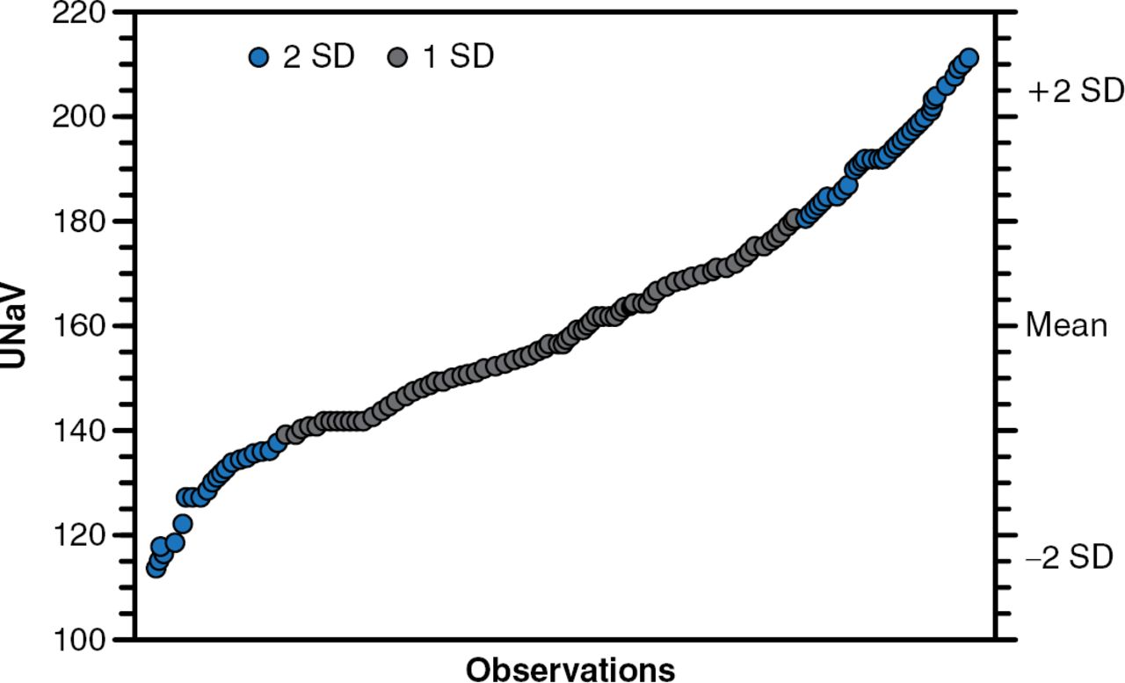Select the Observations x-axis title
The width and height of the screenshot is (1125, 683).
coord(570,668)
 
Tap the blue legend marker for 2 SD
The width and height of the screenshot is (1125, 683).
coord(258,58)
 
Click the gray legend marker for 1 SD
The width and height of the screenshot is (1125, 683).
coord(398,58)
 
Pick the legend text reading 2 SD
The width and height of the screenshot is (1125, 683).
coord(317,58)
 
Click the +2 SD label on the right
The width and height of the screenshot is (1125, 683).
coord(1075,91)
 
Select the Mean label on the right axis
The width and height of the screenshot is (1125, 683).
coord(1067,327)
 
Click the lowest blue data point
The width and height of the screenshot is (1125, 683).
coord(156,568)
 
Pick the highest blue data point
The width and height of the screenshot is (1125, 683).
coord(969,58)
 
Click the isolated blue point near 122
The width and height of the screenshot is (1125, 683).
coord(182,525)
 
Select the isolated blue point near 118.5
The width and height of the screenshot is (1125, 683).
coord(175,543)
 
